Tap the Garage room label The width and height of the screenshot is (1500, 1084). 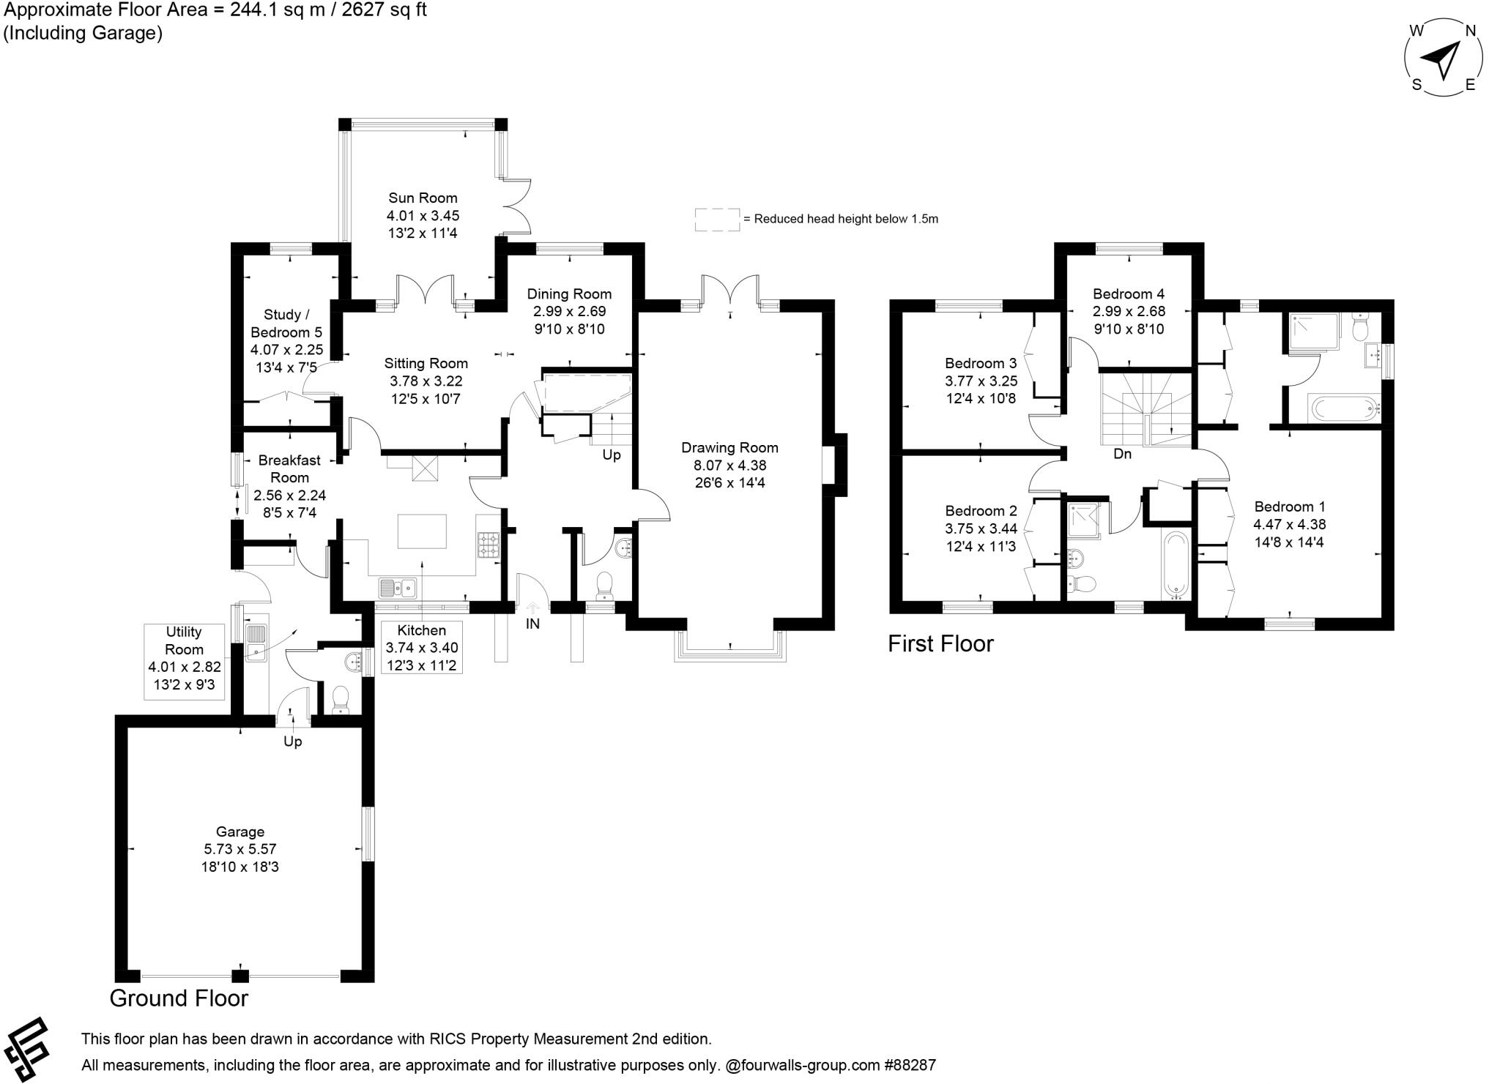coord(240,832)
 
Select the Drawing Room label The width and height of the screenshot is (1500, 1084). coord(729,448)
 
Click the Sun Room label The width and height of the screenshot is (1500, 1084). coord(423,198)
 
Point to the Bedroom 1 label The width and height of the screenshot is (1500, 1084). coord(1289,507)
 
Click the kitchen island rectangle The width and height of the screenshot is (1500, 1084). coord(422,531)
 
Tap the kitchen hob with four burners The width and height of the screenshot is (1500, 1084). coord(489,545)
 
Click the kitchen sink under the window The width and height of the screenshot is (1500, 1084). coord(398,587)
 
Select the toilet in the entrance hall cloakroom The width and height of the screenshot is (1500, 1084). coord(604,586)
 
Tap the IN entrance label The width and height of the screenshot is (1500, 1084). coord(532,624)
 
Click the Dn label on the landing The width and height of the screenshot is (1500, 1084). coord(1122,455)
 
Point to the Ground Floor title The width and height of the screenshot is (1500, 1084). coord(179,998)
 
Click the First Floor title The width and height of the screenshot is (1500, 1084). coord(940,644)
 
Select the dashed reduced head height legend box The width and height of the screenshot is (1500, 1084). coord(717,220)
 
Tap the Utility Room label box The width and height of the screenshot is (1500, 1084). coord(184,659)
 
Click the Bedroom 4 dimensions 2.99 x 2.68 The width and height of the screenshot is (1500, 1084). coord(1129,312)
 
